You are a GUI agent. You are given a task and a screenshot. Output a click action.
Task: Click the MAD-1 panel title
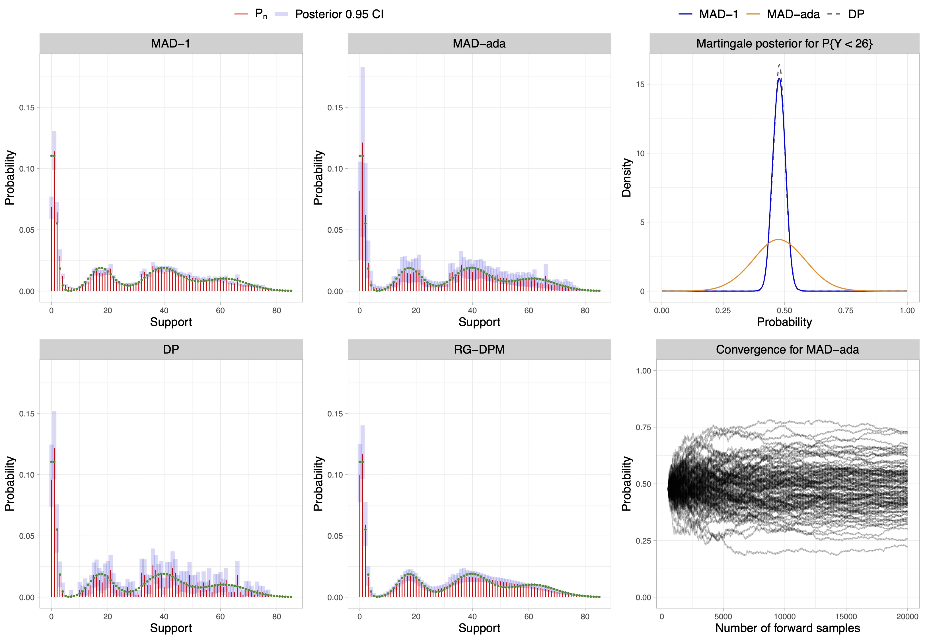pos(170,43)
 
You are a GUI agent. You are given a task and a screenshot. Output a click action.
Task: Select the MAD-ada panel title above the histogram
pos(479,43)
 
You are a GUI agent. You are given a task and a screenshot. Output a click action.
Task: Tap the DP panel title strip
pos(170,349)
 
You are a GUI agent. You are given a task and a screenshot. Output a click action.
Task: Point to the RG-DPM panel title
pos(479,349)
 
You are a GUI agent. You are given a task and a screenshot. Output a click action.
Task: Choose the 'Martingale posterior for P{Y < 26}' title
pos(784,43)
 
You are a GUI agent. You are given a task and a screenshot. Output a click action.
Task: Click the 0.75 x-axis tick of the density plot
pos(846,310)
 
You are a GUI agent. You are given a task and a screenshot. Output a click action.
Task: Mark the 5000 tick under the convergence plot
pos(723,616)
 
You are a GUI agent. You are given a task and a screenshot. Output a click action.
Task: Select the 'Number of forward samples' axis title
pos(788,628)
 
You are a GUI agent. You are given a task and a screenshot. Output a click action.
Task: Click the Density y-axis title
pos(626,178)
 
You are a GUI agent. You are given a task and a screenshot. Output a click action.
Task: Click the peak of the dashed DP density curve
pos(779,65)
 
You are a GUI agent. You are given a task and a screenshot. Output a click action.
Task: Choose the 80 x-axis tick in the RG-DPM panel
pos(585,616)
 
